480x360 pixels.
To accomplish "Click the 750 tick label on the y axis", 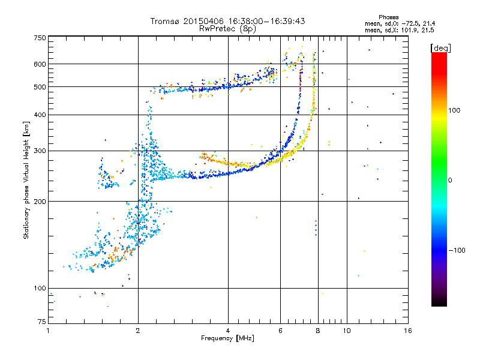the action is (x=40, y=38).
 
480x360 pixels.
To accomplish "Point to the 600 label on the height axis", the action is (x=40, y=64).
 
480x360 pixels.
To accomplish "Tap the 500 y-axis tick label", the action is (x=40, y=87).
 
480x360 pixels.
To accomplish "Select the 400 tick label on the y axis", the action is (x=40, y=115).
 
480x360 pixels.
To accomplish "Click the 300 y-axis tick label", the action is (x=40, y=151).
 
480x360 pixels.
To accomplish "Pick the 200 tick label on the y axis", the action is (x=40, y=202).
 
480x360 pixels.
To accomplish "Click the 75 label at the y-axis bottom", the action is (x=42, y=322).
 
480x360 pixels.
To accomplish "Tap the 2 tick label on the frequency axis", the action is (x=138, y=331).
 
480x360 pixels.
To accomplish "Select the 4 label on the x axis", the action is (x=228, y=331).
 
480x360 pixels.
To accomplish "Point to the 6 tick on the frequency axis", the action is (x=280, y=331).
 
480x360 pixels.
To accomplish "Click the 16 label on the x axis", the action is (x=408, y=331).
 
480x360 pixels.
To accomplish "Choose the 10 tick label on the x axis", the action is (x=347, y=331).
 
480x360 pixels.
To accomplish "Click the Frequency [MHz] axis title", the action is (x=227, y=338).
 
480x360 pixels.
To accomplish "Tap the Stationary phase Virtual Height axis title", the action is (x=26, y=181).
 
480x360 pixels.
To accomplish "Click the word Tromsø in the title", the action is (x=166, y=21).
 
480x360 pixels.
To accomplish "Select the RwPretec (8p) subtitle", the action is (x=227, y=29).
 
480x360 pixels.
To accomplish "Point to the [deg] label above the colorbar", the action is (x=440, y=49).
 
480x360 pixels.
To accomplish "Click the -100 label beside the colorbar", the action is (x=457, y=250).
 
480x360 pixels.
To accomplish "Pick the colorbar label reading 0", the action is (x=450, y=181).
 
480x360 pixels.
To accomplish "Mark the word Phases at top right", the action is (x=388, y=17).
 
